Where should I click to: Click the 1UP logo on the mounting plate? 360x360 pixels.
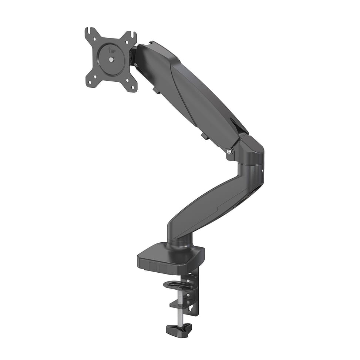(112, 50)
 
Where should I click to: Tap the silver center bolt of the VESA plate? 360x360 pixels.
(111, 60)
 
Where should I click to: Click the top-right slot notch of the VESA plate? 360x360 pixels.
(132, 35)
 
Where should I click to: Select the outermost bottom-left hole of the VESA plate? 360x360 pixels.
(90, 82)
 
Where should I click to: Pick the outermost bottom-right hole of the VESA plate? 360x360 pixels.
(132, 87)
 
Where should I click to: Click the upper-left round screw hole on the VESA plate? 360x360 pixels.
(94, 39)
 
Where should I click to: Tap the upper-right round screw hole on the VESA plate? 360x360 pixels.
(127, 42)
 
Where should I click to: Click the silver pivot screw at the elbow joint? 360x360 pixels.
(229, 151)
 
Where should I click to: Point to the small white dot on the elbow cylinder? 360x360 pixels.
(262, 171)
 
